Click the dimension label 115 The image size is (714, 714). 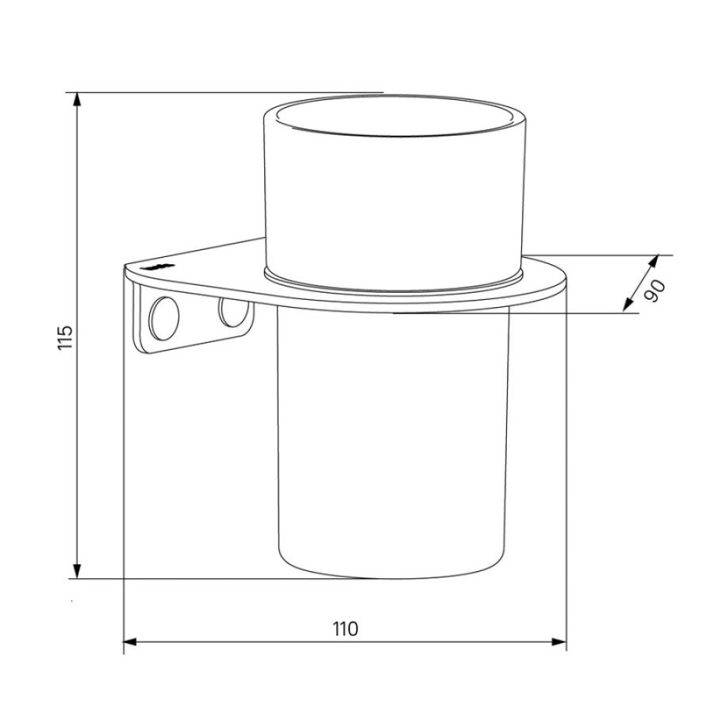pyautogui.click(x=66, y=337)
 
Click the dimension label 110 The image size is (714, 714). pyautogui.click(x=346, y=629)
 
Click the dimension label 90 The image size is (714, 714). pyautogui.click(x=654, y=291)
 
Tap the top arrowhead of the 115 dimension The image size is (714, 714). pyautogui.click(x=77, y=100)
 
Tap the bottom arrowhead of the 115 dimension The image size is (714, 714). pyautogui.click(x=77, y=571)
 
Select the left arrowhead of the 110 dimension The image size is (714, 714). pyautogui.click(x=131, y=642)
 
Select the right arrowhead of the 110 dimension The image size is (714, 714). pyautogui.click(x=559, y=642)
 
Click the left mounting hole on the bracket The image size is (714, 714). pyautogui.click(x=164, y=318)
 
